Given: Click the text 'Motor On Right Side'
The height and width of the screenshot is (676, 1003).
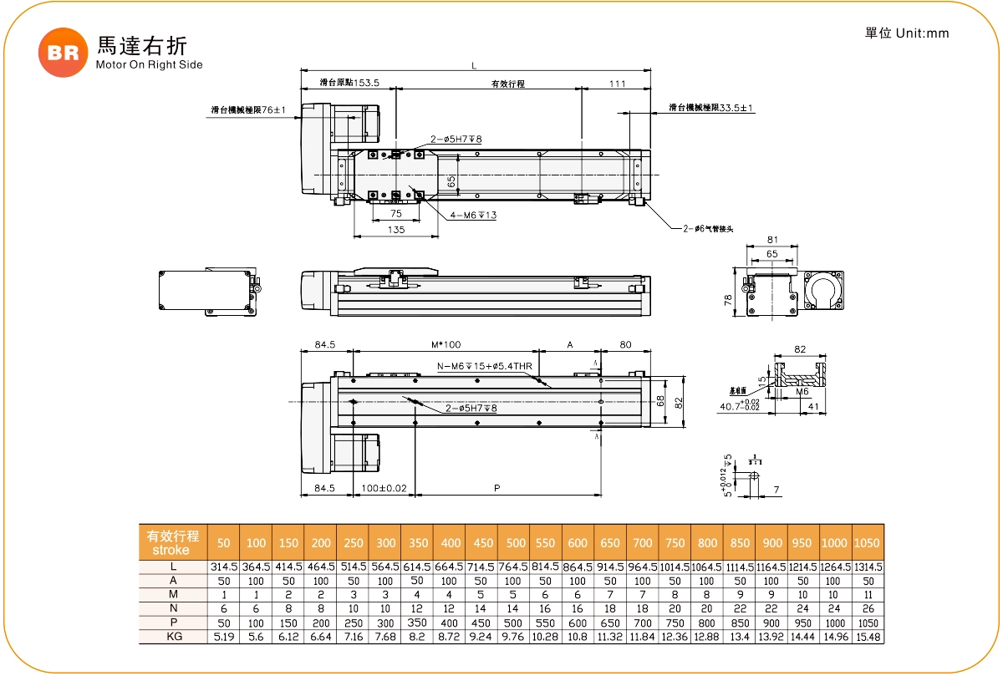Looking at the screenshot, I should pos(150,64).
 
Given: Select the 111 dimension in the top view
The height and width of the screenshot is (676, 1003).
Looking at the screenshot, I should pos(617,84).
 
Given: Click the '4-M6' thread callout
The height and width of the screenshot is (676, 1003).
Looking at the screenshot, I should pos(473,216).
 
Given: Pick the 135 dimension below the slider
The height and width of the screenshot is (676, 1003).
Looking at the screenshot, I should pos(396,230).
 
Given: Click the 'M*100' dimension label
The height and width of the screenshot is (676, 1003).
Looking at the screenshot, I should pos(446,344).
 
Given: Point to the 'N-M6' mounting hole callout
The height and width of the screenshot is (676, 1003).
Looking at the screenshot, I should pos(485,366).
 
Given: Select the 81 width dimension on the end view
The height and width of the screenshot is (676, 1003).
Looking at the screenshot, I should pos(771,240).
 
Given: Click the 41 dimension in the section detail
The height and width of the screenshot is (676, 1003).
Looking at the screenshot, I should pos(812,407).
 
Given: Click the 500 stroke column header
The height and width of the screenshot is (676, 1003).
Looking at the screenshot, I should pos(516,543).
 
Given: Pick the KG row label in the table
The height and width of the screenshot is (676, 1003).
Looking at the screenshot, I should pos(172,637).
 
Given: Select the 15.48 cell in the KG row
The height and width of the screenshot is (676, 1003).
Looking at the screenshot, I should pos(868,637).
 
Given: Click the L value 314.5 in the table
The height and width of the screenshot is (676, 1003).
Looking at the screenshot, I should pos(223,567).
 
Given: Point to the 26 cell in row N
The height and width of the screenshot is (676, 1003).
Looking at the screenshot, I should pos(868,608).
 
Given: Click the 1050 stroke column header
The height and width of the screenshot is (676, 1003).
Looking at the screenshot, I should pos(868,543).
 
